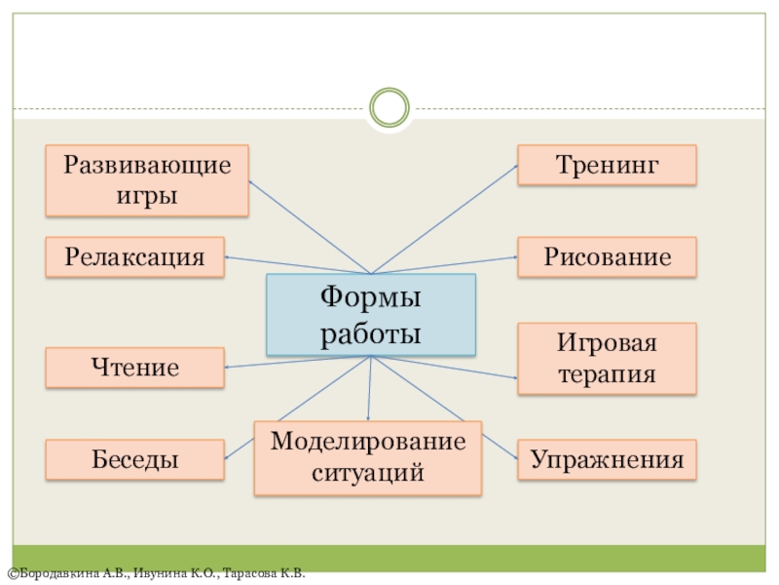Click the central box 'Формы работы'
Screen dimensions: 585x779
pyautogui.click(x=371, y=314)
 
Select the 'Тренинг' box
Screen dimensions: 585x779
pyautogui.click(x=607, y=165)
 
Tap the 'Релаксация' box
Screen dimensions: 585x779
pyautogui.click(x=134, y=257)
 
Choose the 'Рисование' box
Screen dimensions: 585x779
pyautogui.click(x=607, y=257)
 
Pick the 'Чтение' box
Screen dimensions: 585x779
pyautogui.click(x=134, y=369)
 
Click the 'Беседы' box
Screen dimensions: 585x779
pyautogui.click(x=134, y=459)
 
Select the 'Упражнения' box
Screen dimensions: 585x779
pyautogui.click(x=607, y=459)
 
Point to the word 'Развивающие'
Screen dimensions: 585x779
pyautogui.click(x=147, y=164)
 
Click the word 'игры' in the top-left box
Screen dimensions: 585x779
pyautogui.click(x=147, y=195)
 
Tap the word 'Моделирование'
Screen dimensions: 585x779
pyautogui.click(x=368, y=442)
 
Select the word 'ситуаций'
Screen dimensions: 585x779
pyautogui.click(x=368, y=473)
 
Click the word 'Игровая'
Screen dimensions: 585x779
pyautogui.click(x=607, y=343)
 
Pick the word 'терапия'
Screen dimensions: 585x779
pyautogui.click(x=607, y=374)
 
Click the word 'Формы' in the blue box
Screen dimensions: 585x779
pyautogui.click(x=371, y=296)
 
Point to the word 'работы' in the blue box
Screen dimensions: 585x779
pyautogui.click(x=371, y=333)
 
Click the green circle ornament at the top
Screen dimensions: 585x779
pyautogui.click(x=389, y=107)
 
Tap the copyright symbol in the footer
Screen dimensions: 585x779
pyautogui.click(x=9, y=574)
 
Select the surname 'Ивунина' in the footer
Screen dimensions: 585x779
pyautogui.click(x=159, y=574)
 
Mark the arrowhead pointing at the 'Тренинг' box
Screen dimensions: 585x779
pyautogui.click(x=514, y=167)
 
